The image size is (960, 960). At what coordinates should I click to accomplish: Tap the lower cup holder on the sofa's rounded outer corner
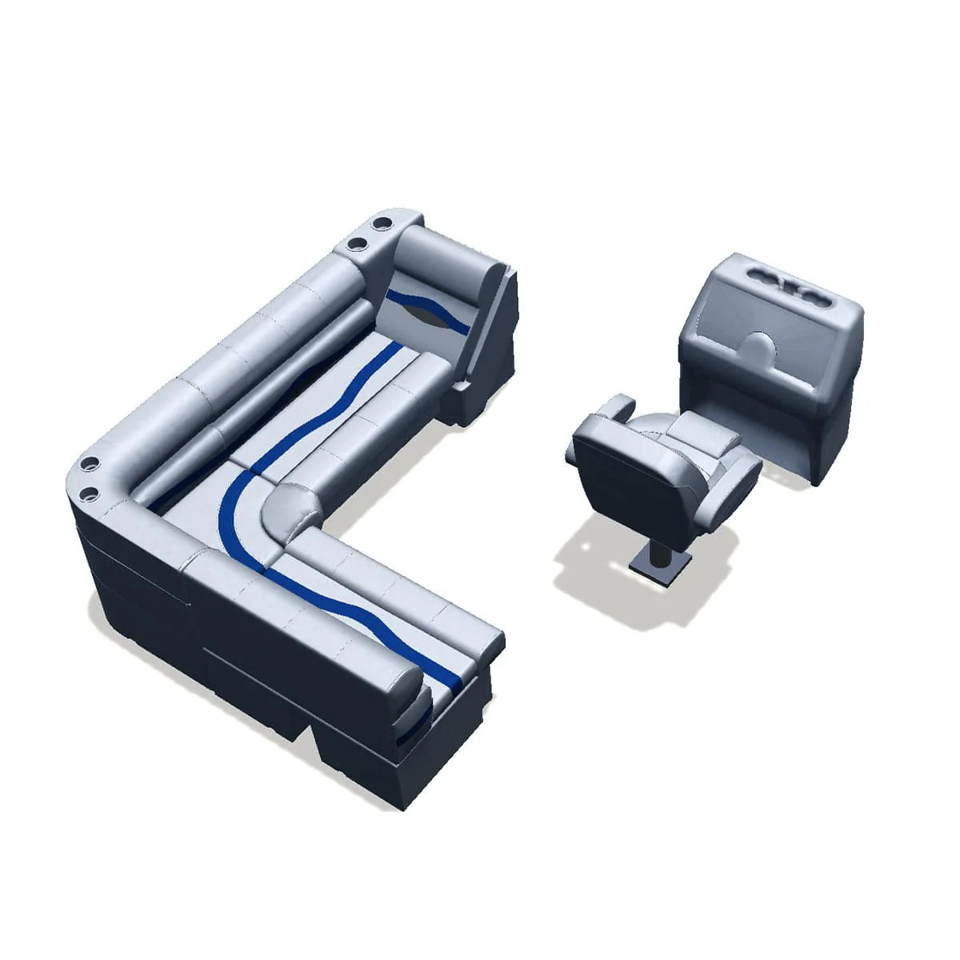89,491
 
